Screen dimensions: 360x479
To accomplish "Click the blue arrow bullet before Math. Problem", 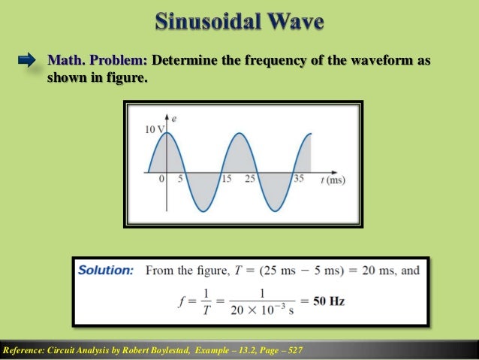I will (x=28, y=59).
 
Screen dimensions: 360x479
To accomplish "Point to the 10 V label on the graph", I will (x=152, y=130).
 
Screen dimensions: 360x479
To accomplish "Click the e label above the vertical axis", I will (x=174, y=119).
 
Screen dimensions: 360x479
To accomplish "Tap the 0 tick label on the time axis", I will (x=161, y=180).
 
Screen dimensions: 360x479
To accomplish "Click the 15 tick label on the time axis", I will (x=226, y=180).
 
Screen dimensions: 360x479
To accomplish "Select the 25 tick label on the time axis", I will (x=250, y=180).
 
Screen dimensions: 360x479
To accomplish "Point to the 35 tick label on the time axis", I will (x=300, y=180).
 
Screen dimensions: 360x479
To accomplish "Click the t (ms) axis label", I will (x=332, y=180).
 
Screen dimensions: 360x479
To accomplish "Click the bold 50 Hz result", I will (x=329, y=301).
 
